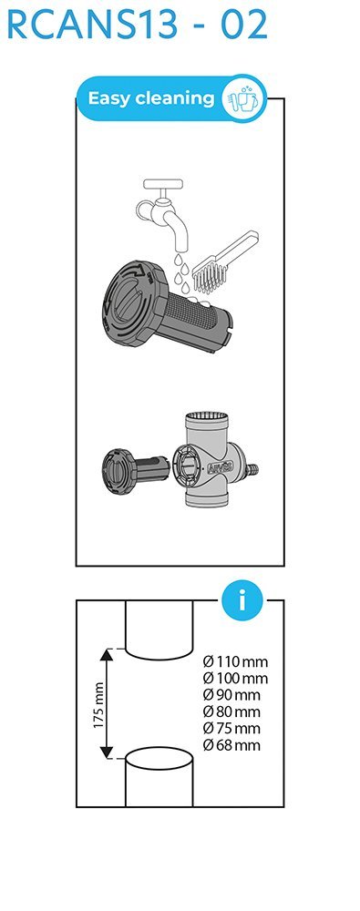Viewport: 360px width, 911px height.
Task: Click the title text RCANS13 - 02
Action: [138, 24]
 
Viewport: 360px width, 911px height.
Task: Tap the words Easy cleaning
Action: [151, 98]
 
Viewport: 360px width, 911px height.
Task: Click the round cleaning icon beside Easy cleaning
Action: [244, 98]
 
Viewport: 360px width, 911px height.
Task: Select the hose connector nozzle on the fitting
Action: [252, 469]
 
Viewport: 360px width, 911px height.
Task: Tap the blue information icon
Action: [242, 600]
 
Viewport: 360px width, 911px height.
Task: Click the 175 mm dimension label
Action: [98, 705]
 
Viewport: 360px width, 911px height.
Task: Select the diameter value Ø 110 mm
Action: [235, 661]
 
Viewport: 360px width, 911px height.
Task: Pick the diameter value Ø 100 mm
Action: [235, 678]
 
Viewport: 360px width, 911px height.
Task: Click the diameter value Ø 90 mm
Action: [231, 695]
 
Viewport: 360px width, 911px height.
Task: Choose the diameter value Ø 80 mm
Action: [231, 711]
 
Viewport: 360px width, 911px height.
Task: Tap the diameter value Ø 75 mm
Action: [231, 729]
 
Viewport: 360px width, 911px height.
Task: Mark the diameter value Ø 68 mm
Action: [231, 745]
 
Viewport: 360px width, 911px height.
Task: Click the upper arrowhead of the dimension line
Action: [107, 654]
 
